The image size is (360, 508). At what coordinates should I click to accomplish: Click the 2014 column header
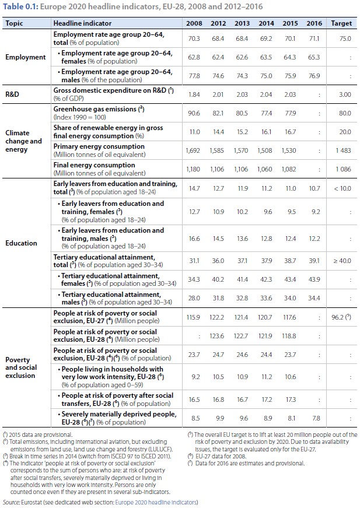(x=265, y=23)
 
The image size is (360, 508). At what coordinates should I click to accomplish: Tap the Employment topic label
(x=25, y=58)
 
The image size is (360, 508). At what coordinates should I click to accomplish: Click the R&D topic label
(x=13, y=94)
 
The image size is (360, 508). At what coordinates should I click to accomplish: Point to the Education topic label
(x=21, y=243)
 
